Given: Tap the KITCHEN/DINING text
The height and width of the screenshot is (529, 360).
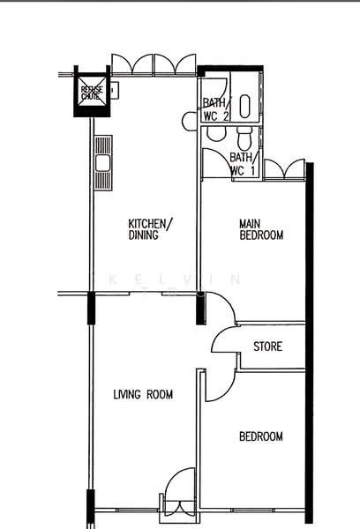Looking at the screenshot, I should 150,229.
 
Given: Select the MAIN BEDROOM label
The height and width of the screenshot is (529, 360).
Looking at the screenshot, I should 261,229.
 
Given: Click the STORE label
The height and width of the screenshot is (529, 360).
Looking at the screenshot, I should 267,346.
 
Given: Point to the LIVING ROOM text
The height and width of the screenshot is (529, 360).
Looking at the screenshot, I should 142,395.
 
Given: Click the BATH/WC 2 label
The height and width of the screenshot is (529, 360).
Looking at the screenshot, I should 215,110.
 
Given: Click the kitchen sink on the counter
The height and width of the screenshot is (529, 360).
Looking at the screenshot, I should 102,162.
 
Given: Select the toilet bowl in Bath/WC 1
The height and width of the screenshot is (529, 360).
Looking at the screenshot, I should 244,137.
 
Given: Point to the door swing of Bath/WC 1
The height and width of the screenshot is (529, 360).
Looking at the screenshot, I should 215,163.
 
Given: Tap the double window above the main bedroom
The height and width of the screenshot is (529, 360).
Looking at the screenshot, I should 281,169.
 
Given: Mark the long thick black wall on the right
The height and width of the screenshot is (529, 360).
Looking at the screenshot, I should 310,344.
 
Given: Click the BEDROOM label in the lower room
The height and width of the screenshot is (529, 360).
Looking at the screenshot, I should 261,436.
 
